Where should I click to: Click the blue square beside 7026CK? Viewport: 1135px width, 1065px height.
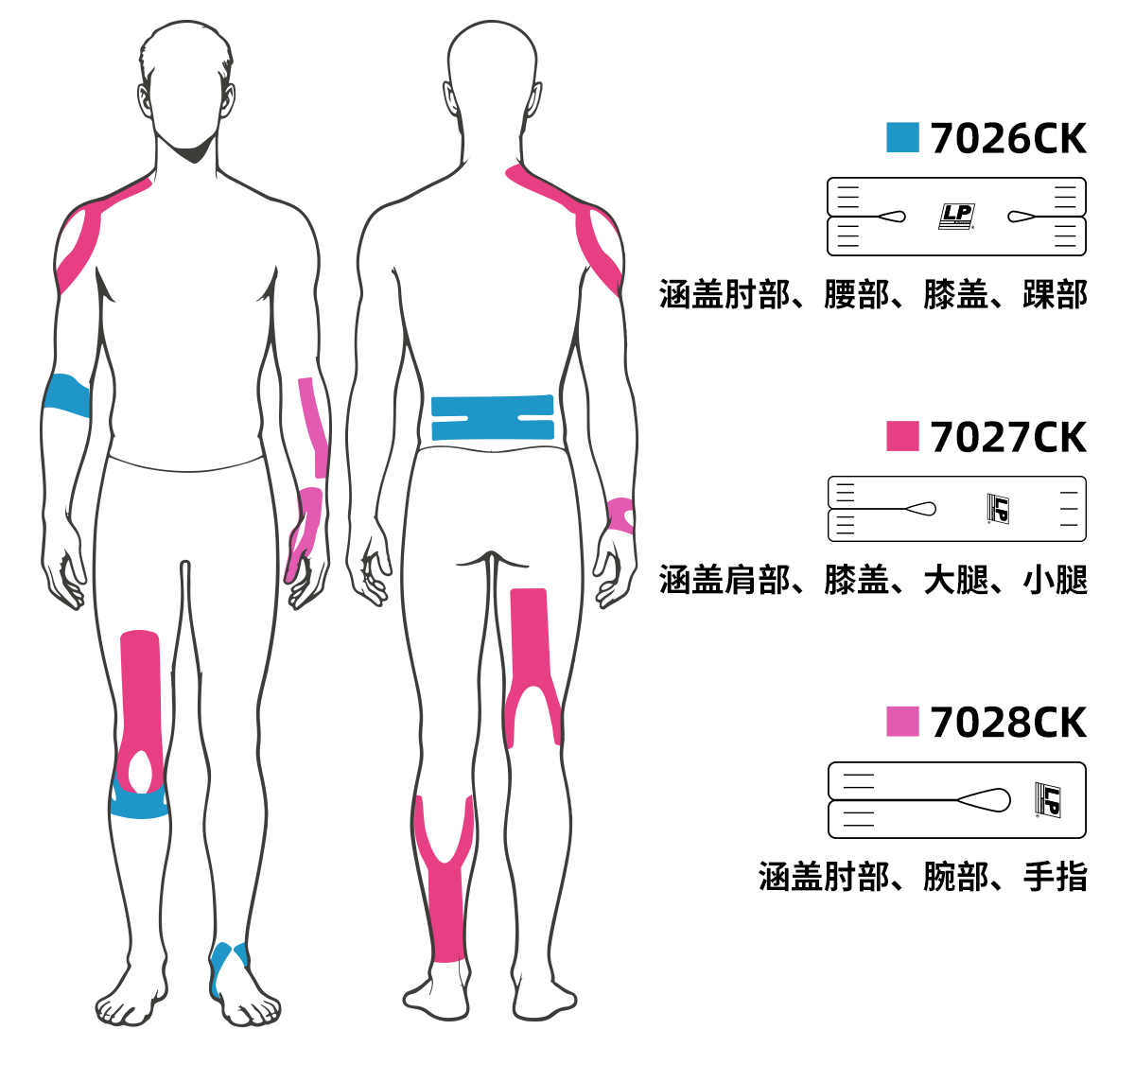(902, 138)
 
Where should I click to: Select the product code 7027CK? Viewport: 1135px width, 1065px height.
(1008, 437)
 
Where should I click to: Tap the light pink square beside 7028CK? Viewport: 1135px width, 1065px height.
(902, 722)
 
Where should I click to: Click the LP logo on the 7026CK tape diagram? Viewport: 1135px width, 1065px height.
(956, 216)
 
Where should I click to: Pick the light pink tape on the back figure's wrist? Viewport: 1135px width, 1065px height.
(620, 515)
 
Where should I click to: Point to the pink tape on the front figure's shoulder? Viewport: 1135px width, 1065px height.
(80, 241)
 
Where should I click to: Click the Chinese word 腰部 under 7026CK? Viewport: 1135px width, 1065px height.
(857, 295)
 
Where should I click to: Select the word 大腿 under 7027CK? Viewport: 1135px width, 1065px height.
(956, 580)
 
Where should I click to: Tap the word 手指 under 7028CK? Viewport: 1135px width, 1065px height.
(1056, 878)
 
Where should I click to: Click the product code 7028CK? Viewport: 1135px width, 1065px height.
(1008, 723)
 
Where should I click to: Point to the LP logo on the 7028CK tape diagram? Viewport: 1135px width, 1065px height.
(1047, 800)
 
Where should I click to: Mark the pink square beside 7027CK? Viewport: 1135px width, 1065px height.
(902, 436)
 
